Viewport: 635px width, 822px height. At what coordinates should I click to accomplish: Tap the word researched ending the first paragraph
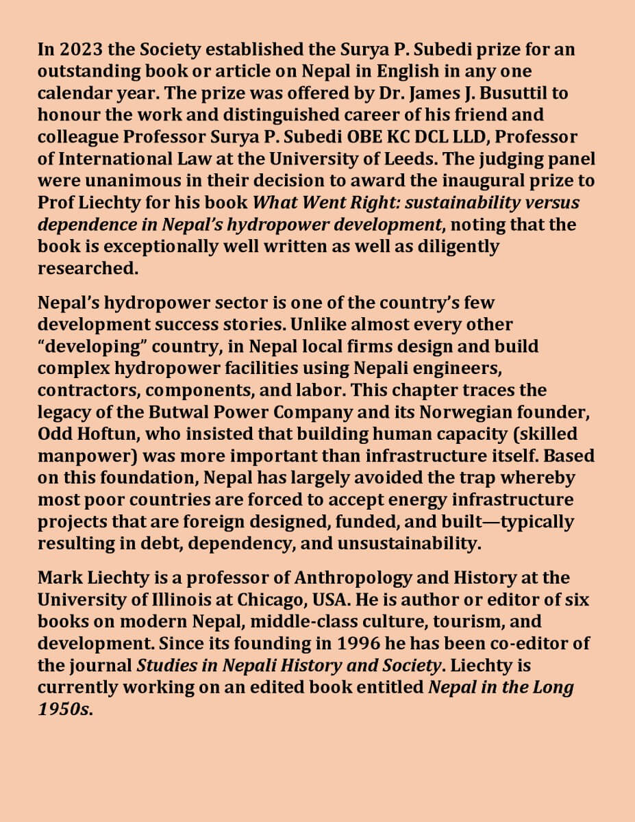pos(86,268)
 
